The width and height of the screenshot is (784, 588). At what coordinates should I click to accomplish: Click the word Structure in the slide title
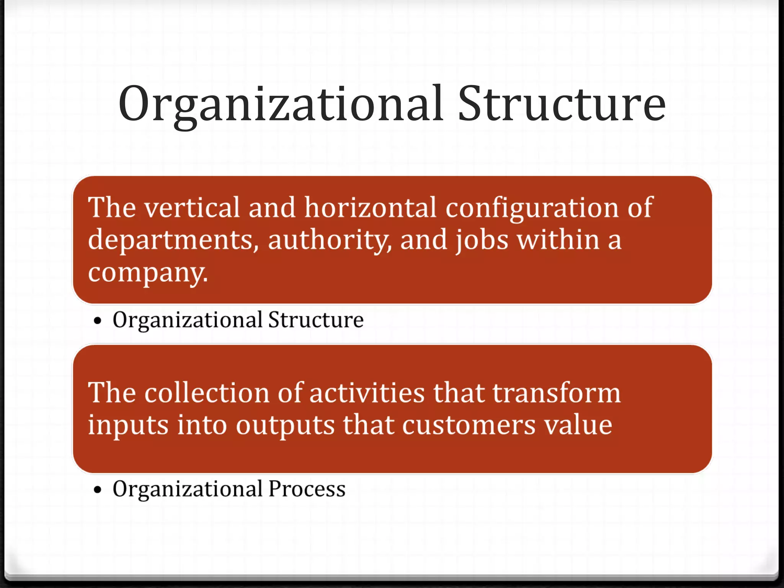click(562, 104)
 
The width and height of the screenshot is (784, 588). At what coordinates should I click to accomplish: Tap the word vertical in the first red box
click(192, 208)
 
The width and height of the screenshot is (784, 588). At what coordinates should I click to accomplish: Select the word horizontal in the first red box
click(370, 208)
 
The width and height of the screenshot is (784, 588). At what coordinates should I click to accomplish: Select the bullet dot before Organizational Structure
click(98, 321)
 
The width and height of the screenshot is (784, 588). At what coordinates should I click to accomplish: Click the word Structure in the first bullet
click(316, 320)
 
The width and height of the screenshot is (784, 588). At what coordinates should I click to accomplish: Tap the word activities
click(367, 393)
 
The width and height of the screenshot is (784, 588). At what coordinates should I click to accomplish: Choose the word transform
click(556, 393)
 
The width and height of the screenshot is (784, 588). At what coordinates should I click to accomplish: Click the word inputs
click(128, 426)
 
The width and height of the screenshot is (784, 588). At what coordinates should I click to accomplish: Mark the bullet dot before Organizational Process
click(98, 490)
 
